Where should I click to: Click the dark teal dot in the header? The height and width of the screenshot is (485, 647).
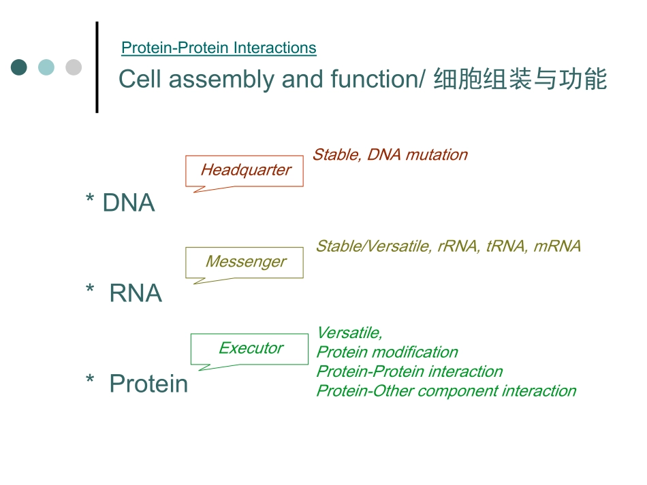point(19,67)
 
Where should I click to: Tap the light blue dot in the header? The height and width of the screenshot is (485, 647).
point(46,67)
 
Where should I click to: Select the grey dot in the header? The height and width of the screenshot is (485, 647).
point(74,67)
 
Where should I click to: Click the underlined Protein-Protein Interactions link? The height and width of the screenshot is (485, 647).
point(219,48)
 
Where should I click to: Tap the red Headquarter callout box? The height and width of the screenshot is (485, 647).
point(245,170)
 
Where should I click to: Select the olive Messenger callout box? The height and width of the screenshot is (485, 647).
point(245,262)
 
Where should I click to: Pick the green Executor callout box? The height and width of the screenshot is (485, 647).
point(250,348)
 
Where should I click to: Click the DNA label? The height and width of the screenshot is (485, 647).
point(128,203)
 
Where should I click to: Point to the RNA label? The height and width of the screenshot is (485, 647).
point(136,293)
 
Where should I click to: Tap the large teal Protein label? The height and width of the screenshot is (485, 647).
point(148,384)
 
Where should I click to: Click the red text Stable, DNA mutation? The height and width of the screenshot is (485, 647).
point(390,155)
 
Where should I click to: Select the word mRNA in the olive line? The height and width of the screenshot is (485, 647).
point(557,246)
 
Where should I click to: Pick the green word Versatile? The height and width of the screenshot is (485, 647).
point(349,333)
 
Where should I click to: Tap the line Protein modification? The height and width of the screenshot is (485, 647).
point(387,352)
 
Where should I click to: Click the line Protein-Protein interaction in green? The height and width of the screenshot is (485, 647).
point(409,371)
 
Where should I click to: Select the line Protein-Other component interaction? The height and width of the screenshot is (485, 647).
point(446,391)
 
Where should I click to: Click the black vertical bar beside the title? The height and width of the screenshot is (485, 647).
point(97,67)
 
